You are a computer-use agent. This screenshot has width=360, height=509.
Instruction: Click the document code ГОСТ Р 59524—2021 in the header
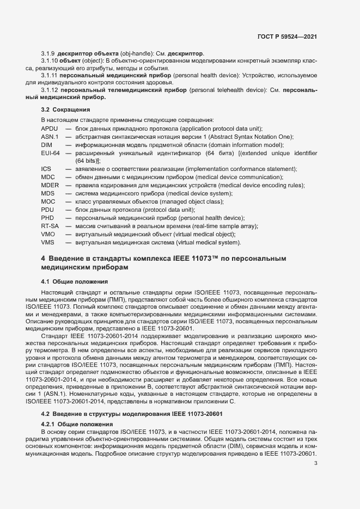click(x=287, y=38)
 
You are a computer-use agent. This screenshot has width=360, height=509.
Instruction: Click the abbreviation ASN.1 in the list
click(x=50, y=136)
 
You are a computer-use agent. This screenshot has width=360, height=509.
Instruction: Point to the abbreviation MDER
click(x=50, y=186)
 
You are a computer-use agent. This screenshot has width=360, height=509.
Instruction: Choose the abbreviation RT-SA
click(x=50, y=226)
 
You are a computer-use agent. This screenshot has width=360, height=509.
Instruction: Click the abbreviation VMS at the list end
click(x=48, y=242)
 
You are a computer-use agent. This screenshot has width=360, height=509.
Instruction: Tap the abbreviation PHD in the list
click(x=48, y=218)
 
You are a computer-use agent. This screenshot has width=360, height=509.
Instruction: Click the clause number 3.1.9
click(x=48, y=54)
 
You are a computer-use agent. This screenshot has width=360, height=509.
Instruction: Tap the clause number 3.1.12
click(x=50, y=89)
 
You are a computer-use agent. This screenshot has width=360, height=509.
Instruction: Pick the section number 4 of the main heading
click(x=43, y=257)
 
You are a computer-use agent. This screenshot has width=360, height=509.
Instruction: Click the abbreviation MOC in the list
click(x=48, y=201)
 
